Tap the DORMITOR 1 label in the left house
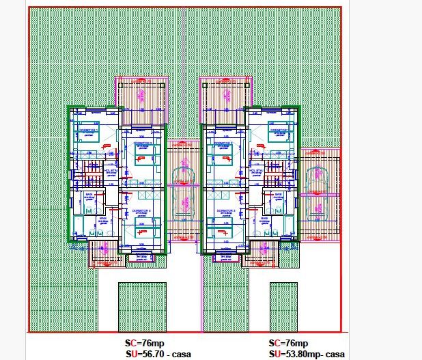pos(86,129)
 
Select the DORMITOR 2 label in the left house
pos(142,143)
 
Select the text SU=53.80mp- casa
pos(307,354)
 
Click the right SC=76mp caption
pos(289,343)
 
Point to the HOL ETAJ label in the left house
pos(111,172)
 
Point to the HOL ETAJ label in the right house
pos(255,172)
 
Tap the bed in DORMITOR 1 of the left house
pos(87,136)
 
